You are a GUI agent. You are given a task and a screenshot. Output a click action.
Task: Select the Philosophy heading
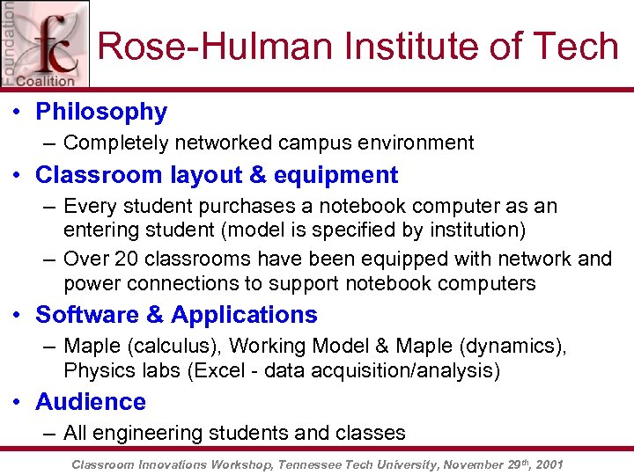coord(100,112)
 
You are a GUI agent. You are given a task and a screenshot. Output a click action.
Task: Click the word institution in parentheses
coord(476,230)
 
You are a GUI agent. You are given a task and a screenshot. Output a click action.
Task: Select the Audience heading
coord(90,402)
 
